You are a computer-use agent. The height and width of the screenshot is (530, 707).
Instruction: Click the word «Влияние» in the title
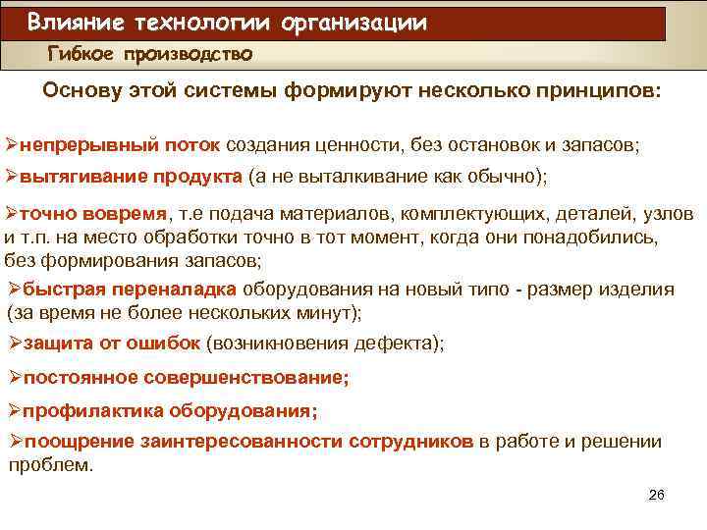72,22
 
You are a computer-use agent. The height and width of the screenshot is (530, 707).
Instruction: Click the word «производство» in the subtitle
189,54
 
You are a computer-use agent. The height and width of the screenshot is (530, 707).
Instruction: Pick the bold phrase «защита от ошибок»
112,343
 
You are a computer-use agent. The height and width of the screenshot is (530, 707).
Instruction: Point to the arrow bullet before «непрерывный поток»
13,145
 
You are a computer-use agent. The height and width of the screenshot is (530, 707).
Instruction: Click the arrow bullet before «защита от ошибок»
14,343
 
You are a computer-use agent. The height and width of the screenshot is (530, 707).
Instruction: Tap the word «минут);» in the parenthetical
330,313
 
